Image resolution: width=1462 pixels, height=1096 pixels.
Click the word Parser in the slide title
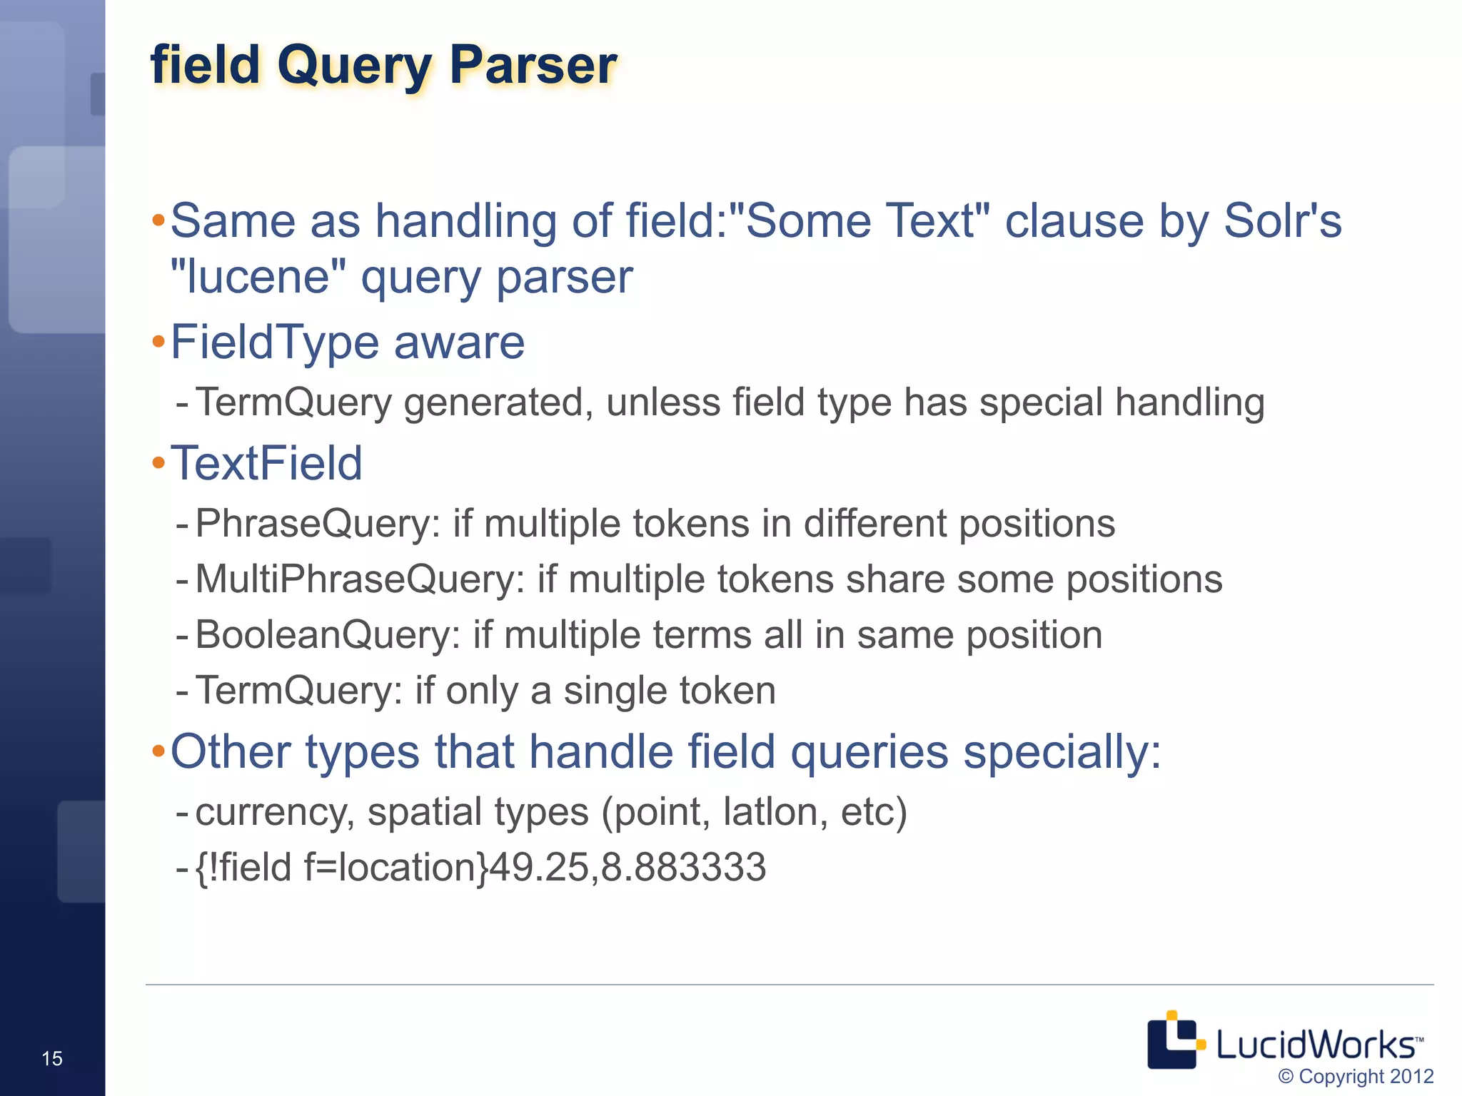533,66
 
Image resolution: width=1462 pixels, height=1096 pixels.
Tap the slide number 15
52,1058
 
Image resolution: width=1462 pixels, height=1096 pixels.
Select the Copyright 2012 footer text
1356,1076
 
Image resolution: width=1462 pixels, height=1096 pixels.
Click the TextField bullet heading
266,464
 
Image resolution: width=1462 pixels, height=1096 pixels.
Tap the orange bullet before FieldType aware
158,342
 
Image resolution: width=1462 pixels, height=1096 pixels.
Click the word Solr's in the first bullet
1282,221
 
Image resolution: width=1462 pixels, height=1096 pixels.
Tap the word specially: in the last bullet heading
1062,753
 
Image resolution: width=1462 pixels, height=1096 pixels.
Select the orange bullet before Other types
158,751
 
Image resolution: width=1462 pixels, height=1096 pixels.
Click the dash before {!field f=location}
182,868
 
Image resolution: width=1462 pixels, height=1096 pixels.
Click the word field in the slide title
206,66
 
